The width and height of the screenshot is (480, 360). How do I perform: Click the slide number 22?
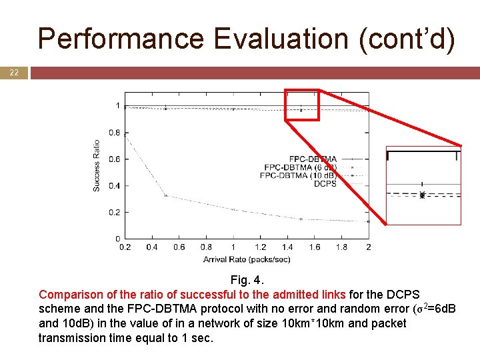point(14,73)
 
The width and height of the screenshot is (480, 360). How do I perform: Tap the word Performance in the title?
point(121,39)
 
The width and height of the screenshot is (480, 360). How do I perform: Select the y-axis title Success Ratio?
point(97,165)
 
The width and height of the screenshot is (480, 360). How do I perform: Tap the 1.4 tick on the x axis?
point(287,247)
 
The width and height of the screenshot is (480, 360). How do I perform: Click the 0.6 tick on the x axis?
point(179,247)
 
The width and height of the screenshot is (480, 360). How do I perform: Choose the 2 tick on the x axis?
point(369,247)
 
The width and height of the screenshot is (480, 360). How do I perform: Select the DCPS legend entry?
point(325,183)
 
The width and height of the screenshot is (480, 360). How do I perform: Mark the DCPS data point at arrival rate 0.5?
point(166,195)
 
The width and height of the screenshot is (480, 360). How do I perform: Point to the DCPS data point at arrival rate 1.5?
point(301,219)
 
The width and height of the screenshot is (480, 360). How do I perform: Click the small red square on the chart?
point(302,105)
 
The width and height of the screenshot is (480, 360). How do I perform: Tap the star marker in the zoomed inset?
point(422,195)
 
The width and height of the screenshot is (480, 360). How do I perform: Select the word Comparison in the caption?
point(71,294)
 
